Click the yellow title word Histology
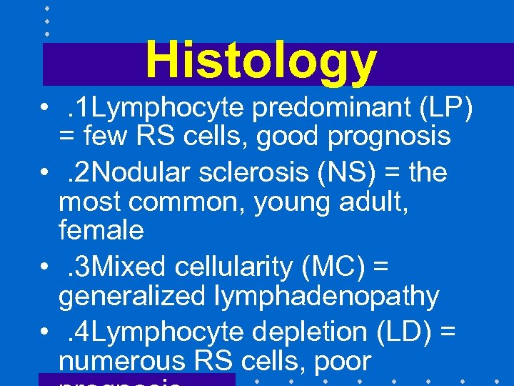261,60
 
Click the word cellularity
227,267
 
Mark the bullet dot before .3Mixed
44,267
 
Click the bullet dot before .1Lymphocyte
44,109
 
